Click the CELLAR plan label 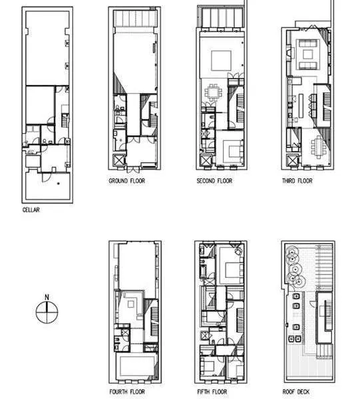(x=31, y=210)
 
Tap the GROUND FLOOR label (x=126, y=181)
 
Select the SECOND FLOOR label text (x=214, y=181)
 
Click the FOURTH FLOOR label (x=127, y=392)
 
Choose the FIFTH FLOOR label (x=212, y=392)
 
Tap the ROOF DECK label (x=296, y=392)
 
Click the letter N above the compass (x=45, y=297)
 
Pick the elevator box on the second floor (x=206, y=160)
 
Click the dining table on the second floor (x=213, y=92)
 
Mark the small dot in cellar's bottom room (x=59, y=182)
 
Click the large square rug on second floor (x=221, y=61)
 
